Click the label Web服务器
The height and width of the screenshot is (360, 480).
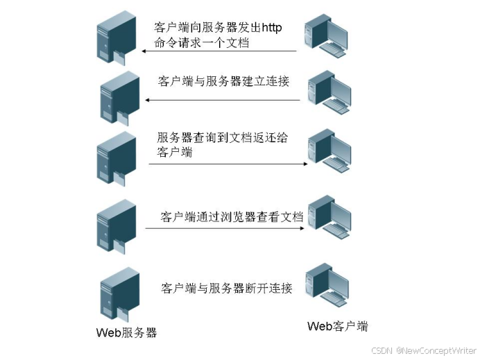(x=126, y=332)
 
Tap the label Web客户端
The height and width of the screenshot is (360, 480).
(x=337, y=326)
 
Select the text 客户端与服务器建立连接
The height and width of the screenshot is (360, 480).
(x=223, y=81)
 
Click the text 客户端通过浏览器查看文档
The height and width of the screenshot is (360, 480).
(x=232, y=216)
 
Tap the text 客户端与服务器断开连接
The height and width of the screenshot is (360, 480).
(x=227, y=288)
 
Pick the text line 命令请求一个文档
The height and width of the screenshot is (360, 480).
(x=202, y=44)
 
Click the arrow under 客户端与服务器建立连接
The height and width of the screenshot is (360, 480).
(x=222, y=100)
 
